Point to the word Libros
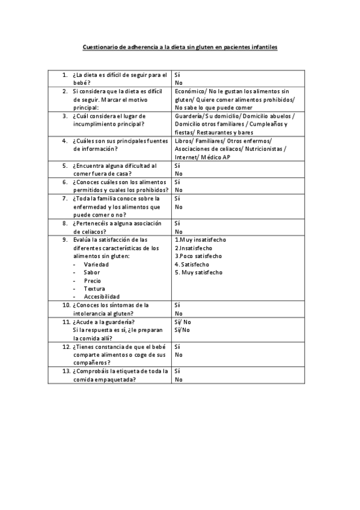182,140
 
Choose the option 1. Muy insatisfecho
200,239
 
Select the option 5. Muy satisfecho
198,272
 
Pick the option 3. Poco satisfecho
198,256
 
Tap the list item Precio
92,280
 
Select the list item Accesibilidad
102,296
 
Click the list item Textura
94,289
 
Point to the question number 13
66,371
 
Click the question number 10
66,305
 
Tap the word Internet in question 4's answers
186,157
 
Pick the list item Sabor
92,272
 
